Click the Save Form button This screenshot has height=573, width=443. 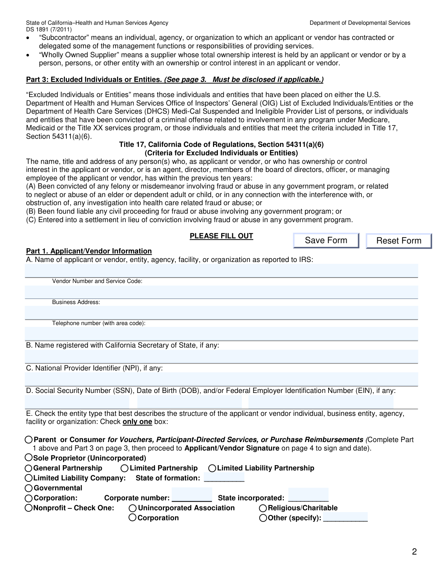coord(326,241)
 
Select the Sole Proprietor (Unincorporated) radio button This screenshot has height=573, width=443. coord(29,458)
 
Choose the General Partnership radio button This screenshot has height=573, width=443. coord(29,468)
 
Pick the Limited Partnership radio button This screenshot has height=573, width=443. coord(125,468)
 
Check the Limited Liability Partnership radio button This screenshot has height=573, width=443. coord(212,468)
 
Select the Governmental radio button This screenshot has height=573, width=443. coord(29,488)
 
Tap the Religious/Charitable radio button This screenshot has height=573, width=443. coord(263,508)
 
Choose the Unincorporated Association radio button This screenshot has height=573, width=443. coord(133,508)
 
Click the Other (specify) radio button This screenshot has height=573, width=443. coord(263,518)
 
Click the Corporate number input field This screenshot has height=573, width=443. coord(192,495)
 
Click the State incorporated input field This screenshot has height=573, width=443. coord(308,495)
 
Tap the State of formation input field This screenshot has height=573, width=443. coord(224,478)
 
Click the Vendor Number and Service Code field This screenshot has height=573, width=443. coord(221,292)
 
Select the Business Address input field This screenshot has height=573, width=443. coord(221,313)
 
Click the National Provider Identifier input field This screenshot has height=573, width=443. coord(221,379)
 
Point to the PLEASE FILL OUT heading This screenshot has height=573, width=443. coord(221,236)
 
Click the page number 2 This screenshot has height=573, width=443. coord(414,552)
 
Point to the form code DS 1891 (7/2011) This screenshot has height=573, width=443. coord(49,30)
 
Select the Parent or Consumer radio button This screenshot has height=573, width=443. coord(29,439)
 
